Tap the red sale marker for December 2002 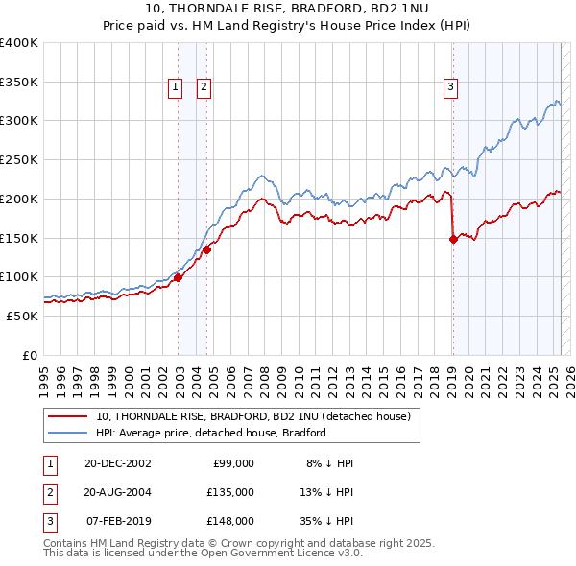(x=179, y=278)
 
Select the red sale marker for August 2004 (x=206, y=249)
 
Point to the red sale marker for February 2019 (x=453, y=240)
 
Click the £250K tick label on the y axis (x=19, y=159)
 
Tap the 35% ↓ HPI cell (x=328, y=521)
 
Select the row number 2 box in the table (x=48, y=492)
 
